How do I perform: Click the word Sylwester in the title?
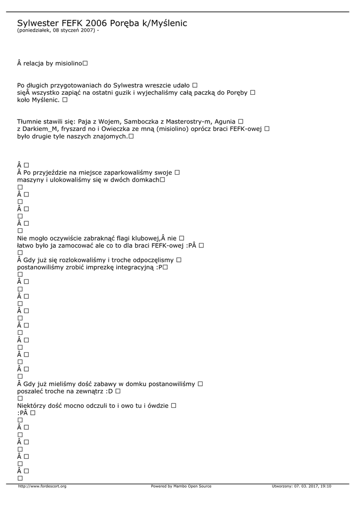(38, 23)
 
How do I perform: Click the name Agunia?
(225, 122)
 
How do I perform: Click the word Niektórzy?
(33, 405)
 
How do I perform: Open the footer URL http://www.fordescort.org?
(42, 486)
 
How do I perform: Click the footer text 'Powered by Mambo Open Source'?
(181, 486)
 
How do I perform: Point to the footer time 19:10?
(326, 486)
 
